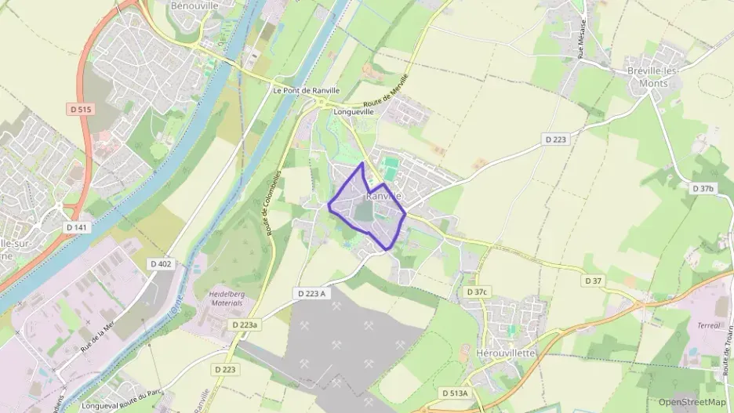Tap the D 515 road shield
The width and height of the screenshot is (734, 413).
(85, 110)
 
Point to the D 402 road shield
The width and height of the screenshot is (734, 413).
(163, 264)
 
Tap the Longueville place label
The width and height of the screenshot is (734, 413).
(354, 112)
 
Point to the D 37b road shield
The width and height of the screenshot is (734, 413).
(703, 189)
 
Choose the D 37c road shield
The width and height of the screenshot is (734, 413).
(477, 292)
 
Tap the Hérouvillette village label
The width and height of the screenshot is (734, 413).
(506, 353)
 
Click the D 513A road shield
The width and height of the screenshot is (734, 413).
(454, 393)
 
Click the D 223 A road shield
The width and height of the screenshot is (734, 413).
(311, 292)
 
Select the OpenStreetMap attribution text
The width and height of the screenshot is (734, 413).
(692, 402)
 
